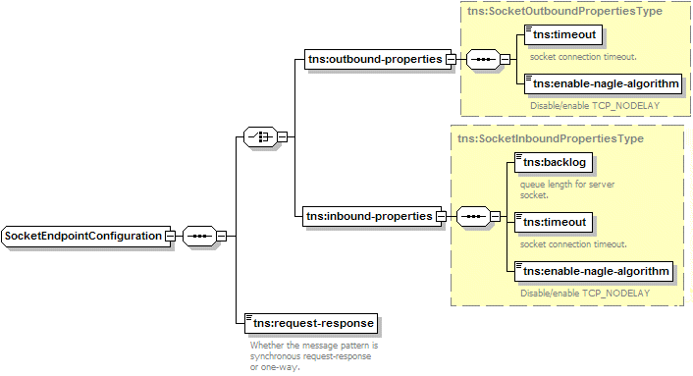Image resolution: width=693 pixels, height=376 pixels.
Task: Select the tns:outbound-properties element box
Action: (374, 59)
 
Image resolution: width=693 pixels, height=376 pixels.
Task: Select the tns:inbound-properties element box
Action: (369, 216)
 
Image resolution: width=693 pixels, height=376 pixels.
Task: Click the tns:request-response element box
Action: (310, 322)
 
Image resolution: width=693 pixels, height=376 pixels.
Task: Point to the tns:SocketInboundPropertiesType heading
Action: (551, 138)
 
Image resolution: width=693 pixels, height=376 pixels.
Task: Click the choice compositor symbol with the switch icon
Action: (259, 137)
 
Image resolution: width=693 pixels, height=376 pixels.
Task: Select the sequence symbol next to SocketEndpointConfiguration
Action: (199, 236)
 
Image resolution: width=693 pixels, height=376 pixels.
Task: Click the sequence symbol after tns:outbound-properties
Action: (481, 59)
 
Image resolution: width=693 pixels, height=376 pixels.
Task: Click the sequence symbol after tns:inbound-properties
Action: (471, 216)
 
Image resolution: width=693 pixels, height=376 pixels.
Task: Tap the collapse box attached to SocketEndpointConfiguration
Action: (170, 236)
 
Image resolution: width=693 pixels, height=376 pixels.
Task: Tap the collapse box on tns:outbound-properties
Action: (451, 59)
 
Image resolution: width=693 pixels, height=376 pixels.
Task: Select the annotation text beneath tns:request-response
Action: (314, 356)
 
